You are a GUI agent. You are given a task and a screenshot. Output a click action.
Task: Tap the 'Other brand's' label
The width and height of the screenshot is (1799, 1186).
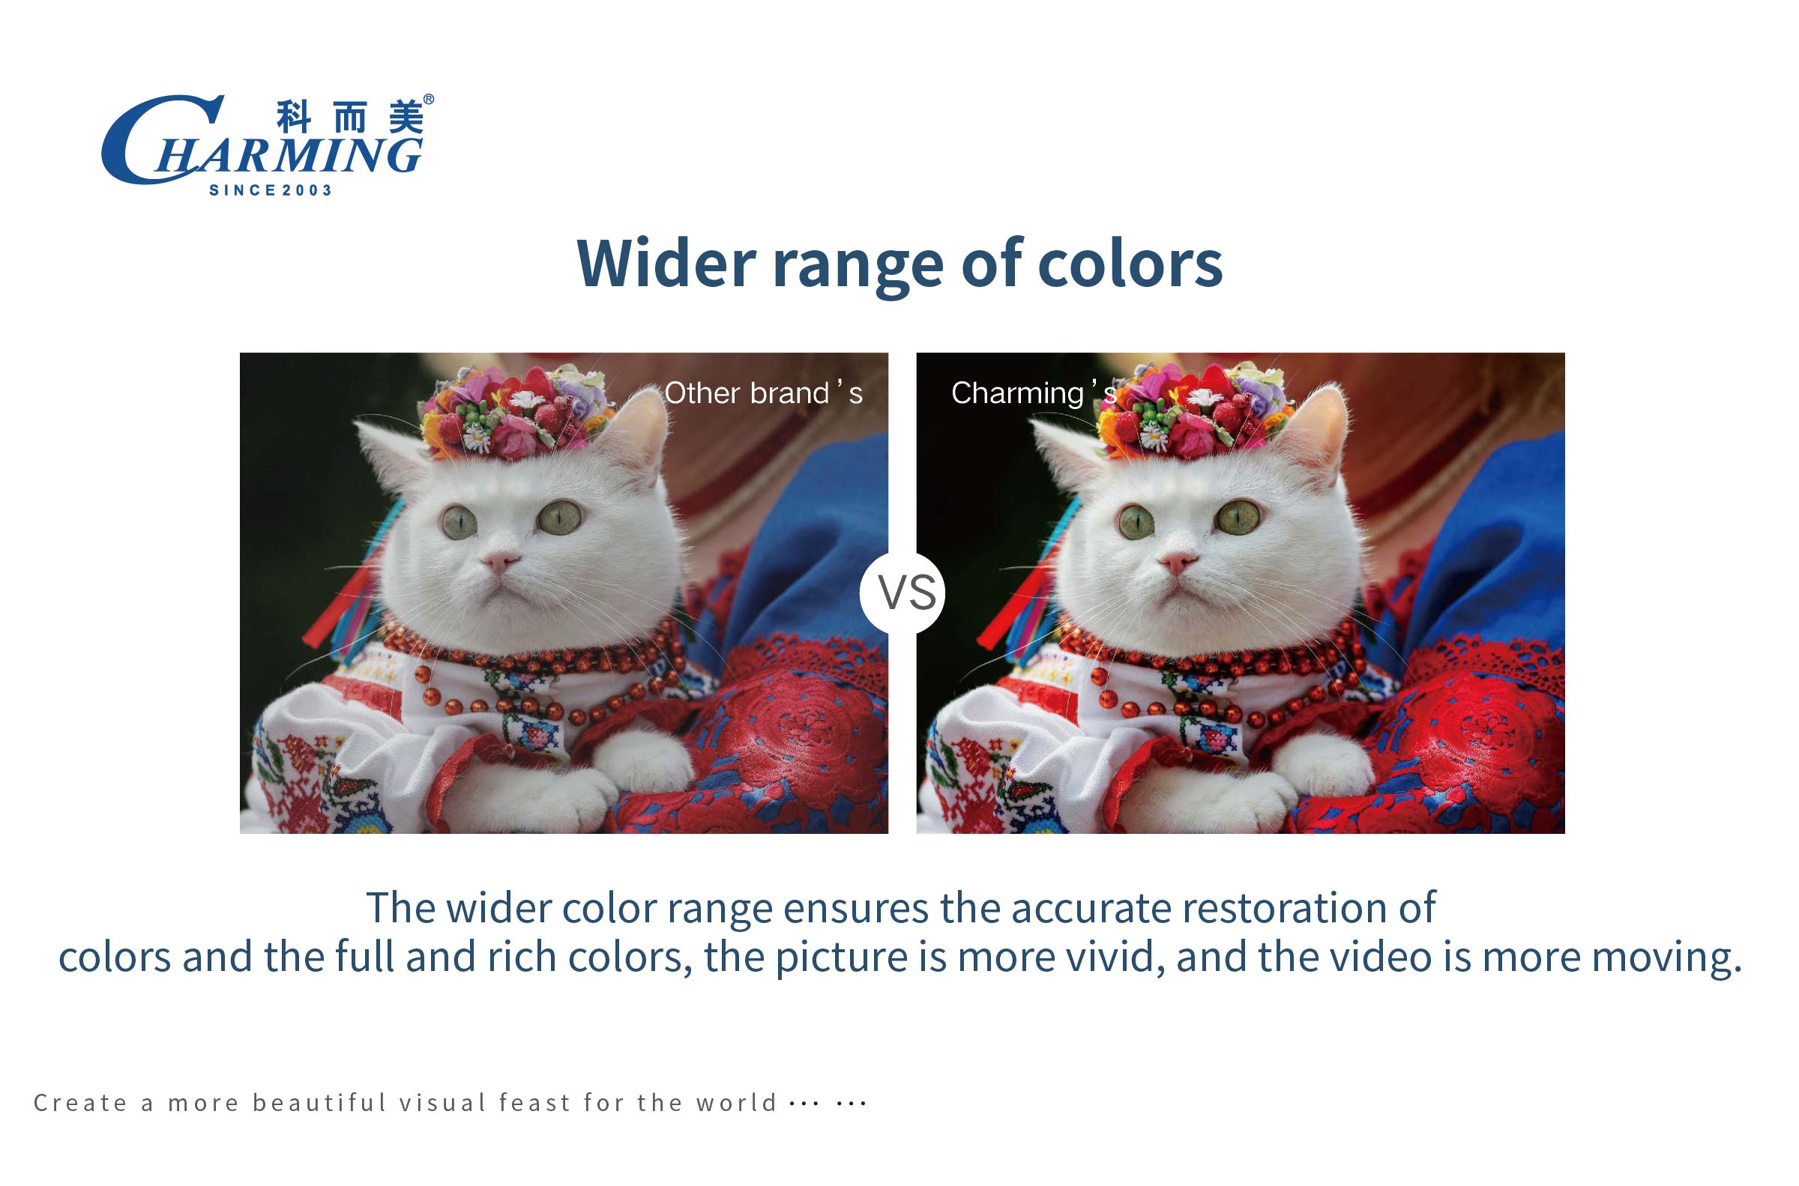762,393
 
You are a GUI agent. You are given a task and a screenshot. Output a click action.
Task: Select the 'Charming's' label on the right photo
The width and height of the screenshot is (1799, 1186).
1034,393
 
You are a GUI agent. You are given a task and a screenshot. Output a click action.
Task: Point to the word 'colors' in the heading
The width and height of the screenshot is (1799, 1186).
1130,262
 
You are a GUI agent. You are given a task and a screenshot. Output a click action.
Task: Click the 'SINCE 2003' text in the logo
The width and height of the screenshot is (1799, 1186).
270,190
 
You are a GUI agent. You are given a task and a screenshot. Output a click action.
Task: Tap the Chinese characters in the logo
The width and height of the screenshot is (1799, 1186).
349,116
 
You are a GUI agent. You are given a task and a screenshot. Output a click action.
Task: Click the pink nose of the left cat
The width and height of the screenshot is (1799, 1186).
500,561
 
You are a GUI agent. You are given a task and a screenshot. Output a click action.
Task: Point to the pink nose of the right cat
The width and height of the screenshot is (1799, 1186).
1177,561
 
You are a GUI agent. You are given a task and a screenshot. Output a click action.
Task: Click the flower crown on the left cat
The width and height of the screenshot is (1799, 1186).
516,412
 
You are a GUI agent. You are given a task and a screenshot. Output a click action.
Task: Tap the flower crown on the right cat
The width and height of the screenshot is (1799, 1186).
1193,412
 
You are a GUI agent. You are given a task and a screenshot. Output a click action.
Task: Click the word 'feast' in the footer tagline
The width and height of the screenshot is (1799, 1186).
535,1102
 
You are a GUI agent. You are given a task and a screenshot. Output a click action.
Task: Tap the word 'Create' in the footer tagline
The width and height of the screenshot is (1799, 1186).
80,1103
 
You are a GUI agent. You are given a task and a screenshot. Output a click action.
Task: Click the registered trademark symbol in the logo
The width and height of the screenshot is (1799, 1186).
428,100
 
